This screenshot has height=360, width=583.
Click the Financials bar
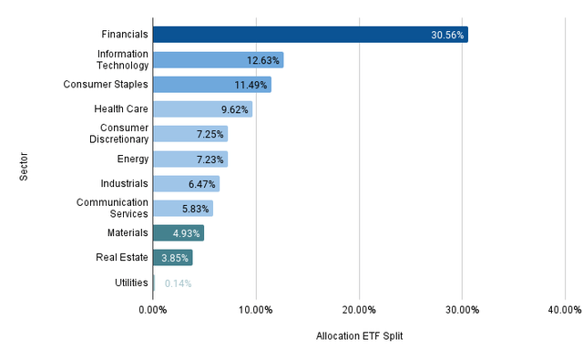point(310,35)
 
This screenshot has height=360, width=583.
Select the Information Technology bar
point(218,60)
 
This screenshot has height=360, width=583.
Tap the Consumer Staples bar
point(211,85)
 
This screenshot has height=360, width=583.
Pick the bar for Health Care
point(202,109)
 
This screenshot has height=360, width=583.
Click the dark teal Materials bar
point(178,233)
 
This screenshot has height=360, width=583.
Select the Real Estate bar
point(172,258)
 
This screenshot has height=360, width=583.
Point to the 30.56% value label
point(447,36)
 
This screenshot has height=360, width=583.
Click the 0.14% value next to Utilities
point(178,283)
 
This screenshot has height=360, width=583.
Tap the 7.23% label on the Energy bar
point(209,159)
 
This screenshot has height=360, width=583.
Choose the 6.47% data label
point(201,184)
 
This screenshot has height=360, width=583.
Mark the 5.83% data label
point(195,209)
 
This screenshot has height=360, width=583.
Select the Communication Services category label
point(112,208)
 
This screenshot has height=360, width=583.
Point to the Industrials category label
point(124,183)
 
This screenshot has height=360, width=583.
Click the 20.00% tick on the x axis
point(359,310)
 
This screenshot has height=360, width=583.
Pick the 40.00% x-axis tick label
point(565,310)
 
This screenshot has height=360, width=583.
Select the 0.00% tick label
point(152,310)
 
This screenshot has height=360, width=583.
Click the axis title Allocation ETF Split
point(359,337)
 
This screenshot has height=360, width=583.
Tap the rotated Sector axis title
point(24,159)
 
